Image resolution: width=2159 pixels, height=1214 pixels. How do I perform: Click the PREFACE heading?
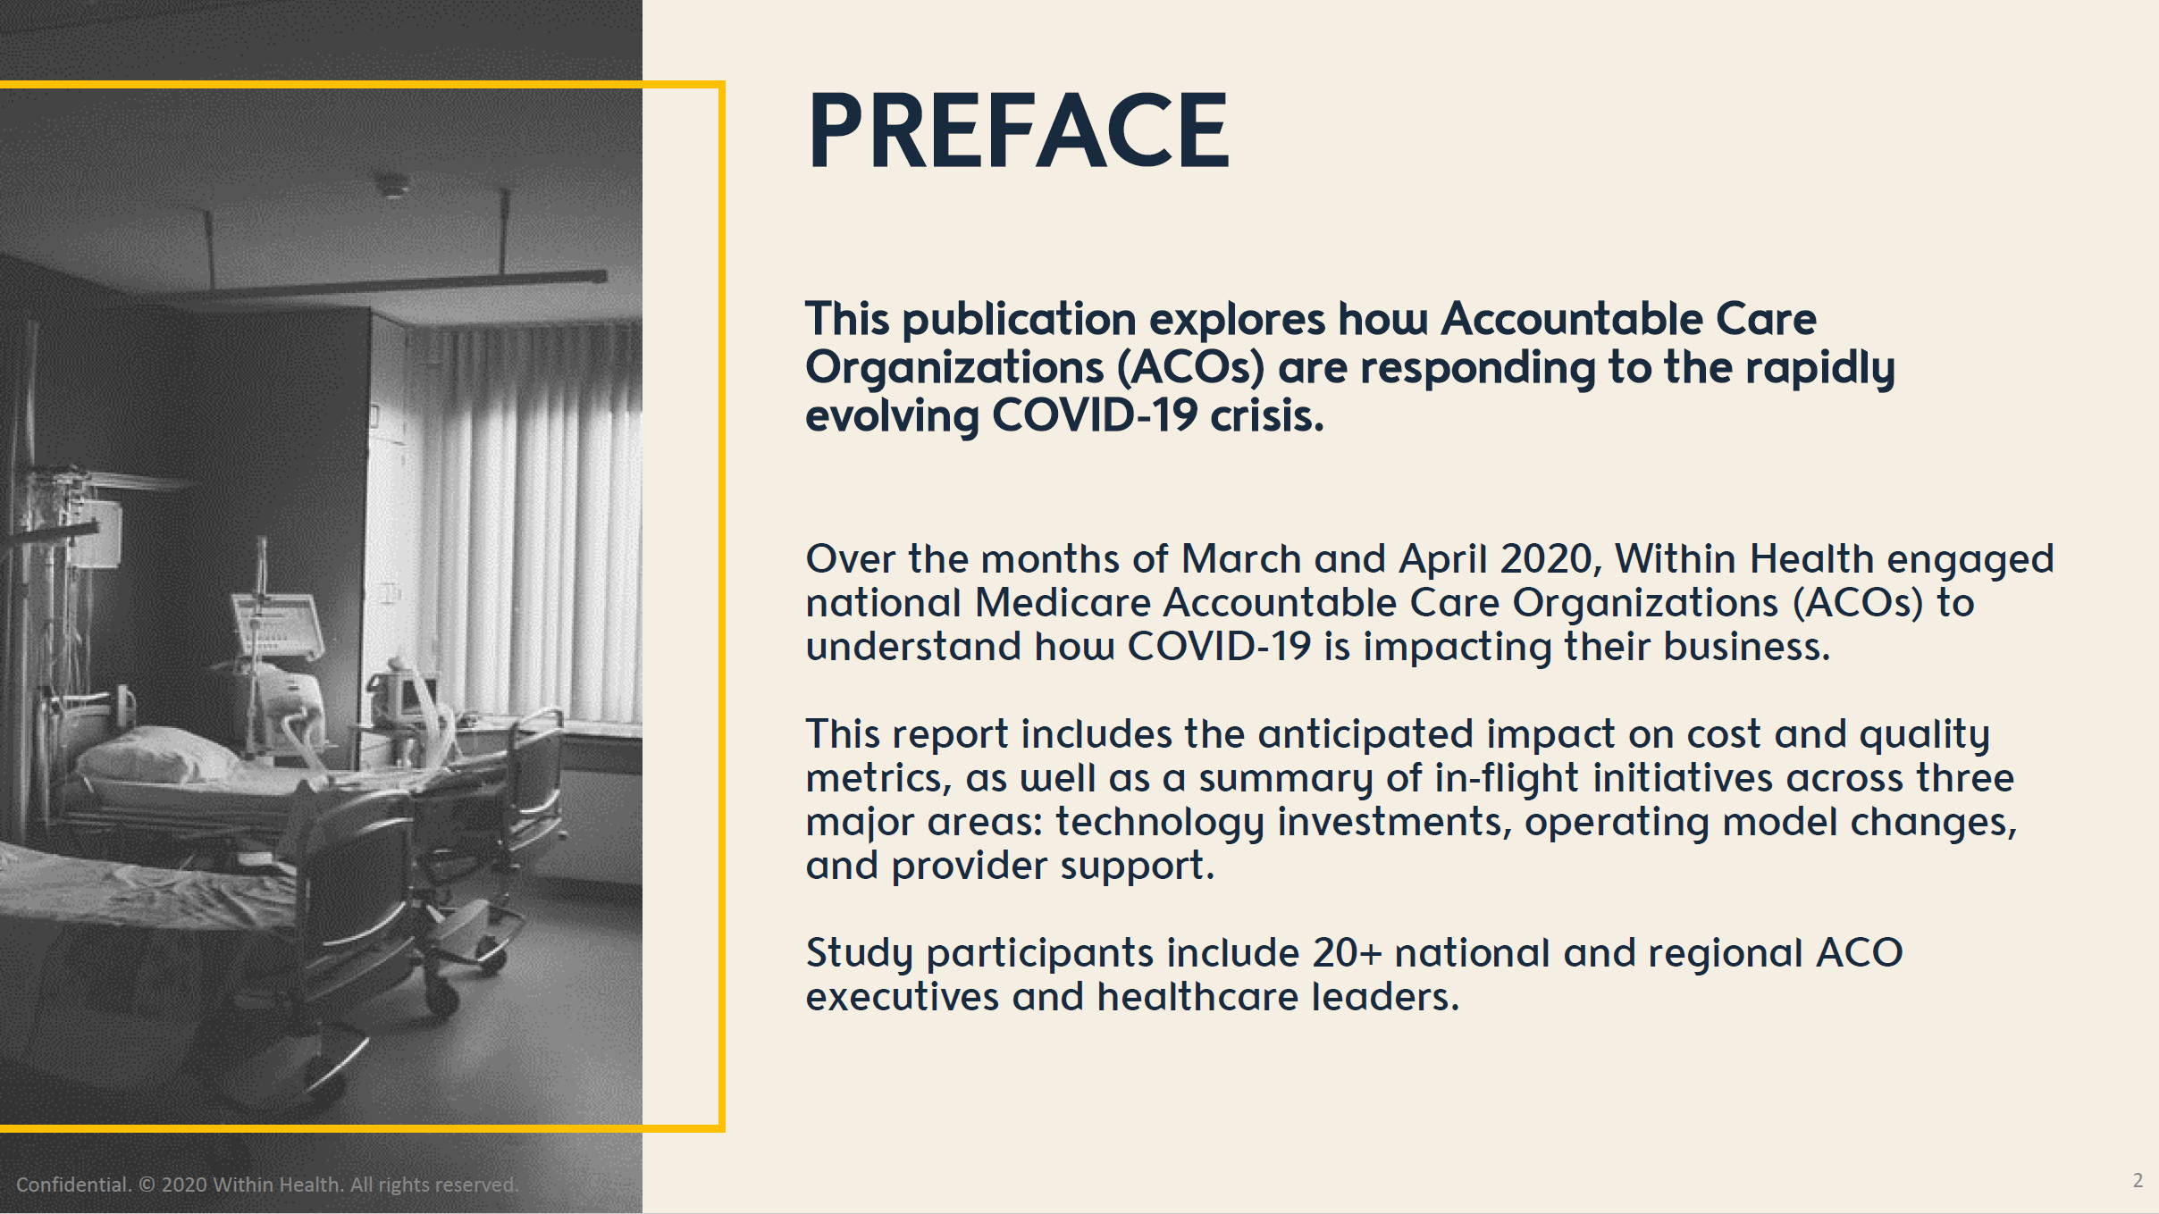(1018, 130)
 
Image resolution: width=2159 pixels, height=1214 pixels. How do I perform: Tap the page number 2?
(2138, 1180)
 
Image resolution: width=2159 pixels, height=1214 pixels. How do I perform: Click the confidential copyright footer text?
(267, 1185)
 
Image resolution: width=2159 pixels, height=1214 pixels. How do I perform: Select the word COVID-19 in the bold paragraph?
(1095, 415)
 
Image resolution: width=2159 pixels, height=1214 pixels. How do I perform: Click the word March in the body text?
(1241, 559)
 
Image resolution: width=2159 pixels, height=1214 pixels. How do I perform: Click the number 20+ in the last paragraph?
(1347, 953)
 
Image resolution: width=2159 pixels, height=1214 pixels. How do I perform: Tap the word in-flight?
(1507, 778)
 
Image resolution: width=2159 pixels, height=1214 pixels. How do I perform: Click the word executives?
(902, 997)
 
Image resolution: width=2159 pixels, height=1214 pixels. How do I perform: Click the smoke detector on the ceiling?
(391, 187)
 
